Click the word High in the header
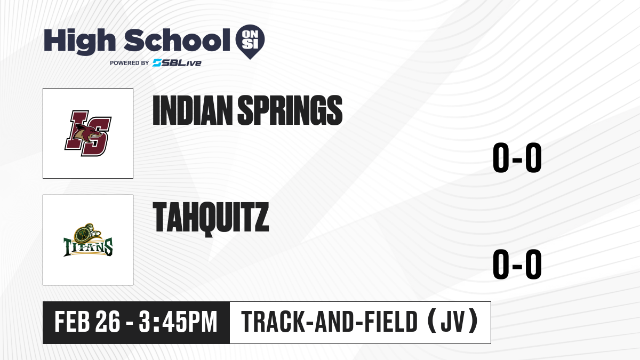[x=79, y=42]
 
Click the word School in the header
[x=177, y=40]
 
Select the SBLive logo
[x=177, y=63]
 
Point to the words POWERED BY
[x=130, y=63]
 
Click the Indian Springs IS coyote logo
[x=88, y=133]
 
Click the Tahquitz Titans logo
[x=88, y=240]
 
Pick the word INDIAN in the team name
[x=193, y=110]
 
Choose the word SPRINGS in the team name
[x=290, y=110]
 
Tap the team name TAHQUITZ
[x=211, y=219]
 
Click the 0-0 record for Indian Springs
[x=517, y=157]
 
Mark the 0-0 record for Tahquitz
[x=517, y=264]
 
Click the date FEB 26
[x=87, y=322]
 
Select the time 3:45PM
[x=178, y=322]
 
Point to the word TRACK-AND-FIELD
[x=330, y=322]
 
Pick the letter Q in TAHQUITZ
[x=211, y=220]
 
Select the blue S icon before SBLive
[x=157, y=63]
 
